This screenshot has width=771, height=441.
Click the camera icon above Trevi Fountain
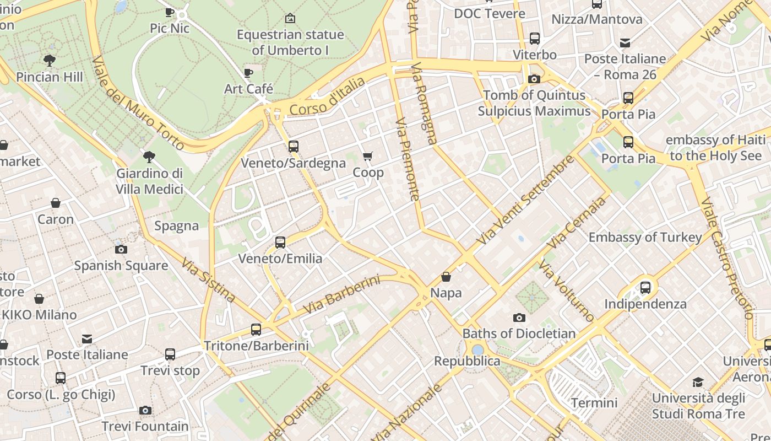145,410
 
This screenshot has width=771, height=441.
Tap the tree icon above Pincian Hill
50,60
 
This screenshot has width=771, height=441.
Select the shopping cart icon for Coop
368,157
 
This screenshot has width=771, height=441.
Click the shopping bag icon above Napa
446,276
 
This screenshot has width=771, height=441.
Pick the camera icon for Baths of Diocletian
519,318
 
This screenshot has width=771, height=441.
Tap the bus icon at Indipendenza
645,287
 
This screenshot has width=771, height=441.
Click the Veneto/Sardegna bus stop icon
294,147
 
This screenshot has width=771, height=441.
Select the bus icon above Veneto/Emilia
280,242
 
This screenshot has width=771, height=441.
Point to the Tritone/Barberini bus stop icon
256,330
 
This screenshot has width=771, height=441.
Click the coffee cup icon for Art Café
248,72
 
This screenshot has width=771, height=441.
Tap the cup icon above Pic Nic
170,12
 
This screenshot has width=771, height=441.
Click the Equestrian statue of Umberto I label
290,42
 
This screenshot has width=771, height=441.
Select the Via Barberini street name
341,295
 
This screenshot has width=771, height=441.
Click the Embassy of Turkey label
645,238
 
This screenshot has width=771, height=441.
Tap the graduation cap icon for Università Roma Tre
698,382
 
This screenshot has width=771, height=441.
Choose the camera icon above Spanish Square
121,249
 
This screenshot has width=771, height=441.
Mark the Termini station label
594,403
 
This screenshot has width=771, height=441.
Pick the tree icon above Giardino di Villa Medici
149,157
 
